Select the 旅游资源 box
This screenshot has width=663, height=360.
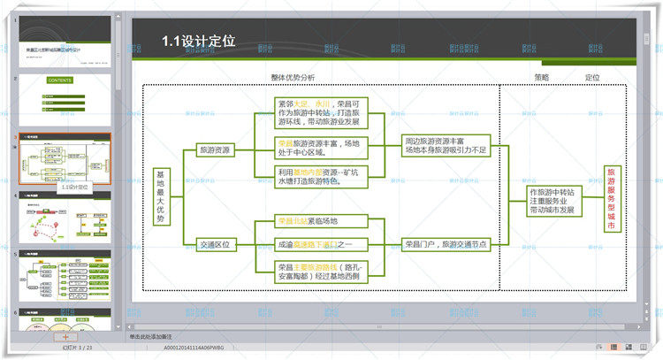[215, 150]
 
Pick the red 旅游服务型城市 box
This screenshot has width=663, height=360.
[611, 199]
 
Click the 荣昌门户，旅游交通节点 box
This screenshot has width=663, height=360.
[446, 244]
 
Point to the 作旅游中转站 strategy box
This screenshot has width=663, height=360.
[552, 201]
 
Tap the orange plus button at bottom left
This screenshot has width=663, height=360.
[64, 337]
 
